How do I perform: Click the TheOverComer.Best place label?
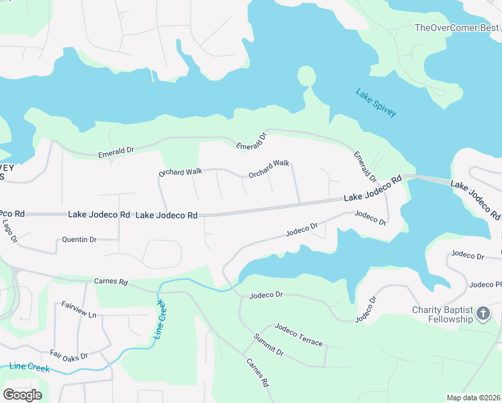456,28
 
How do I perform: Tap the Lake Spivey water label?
376,103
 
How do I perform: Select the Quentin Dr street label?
79,239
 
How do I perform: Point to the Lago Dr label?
9,230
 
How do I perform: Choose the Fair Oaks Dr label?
69,354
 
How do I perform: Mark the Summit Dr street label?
268,345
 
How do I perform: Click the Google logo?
22,395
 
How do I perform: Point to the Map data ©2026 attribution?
473,398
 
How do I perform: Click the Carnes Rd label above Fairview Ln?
111,282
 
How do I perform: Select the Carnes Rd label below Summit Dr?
257,373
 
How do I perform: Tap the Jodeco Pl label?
485,285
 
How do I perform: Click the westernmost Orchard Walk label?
180,173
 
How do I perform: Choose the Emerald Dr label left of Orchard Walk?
116,152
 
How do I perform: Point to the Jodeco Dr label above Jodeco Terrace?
266,295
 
